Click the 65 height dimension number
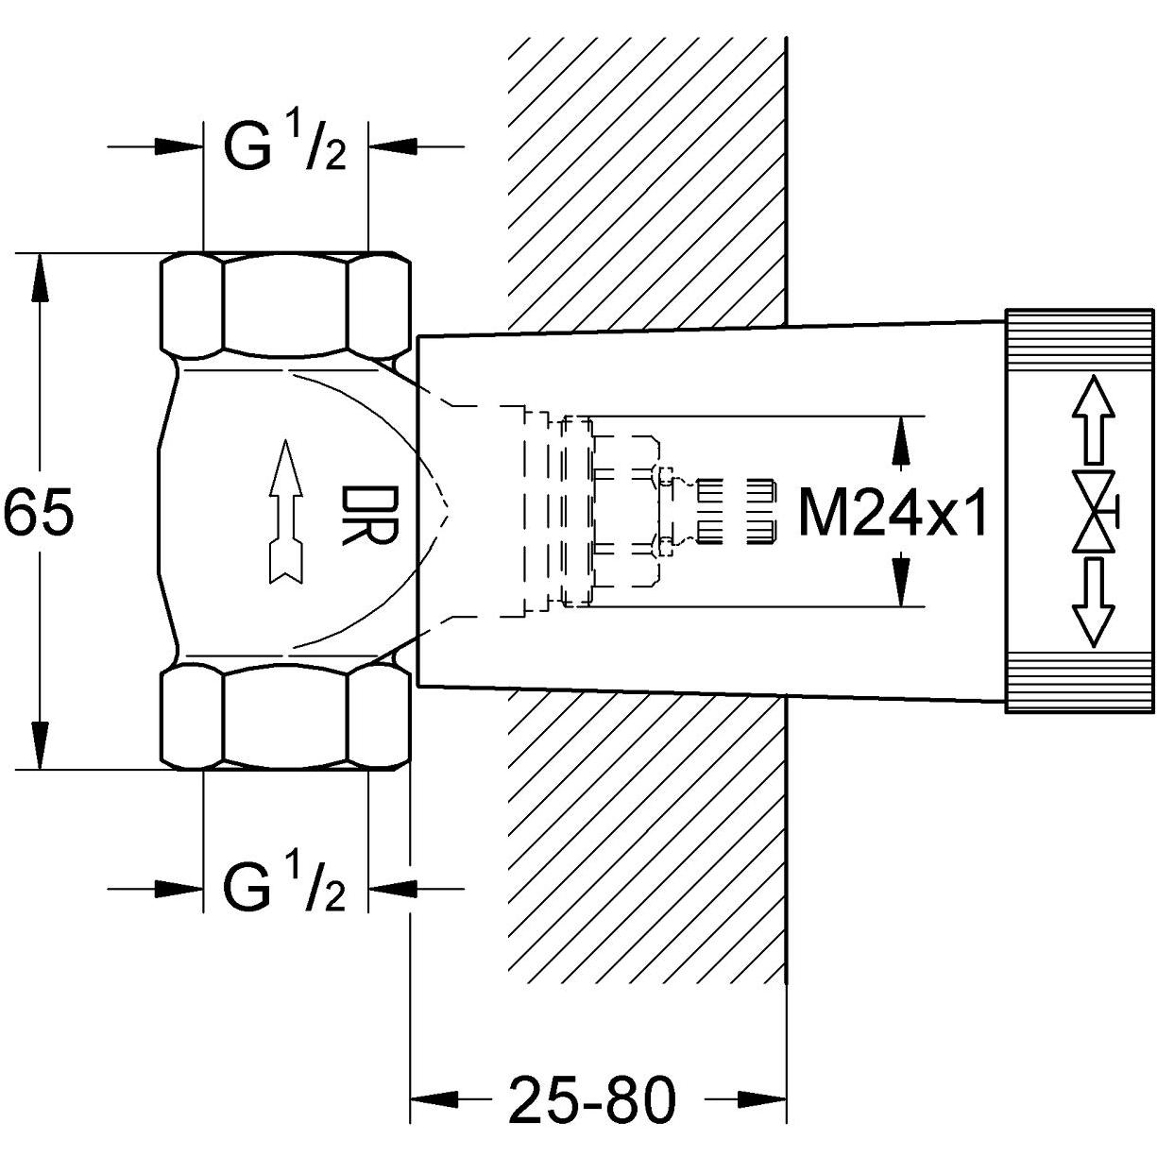(39, 512)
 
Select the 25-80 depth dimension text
(593, 1099)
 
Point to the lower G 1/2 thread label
(284, 887)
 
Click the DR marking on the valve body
(369, 516)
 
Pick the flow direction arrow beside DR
(286, 510)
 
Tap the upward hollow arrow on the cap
(1093, 419)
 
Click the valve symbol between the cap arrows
(1096, 512)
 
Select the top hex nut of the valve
(286, 302)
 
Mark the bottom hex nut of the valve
(286, 718)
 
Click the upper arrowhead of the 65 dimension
(40, 276)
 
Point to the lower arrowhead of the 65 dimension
(40, 746)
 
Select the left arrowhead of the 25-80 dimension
(434, 1099)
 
